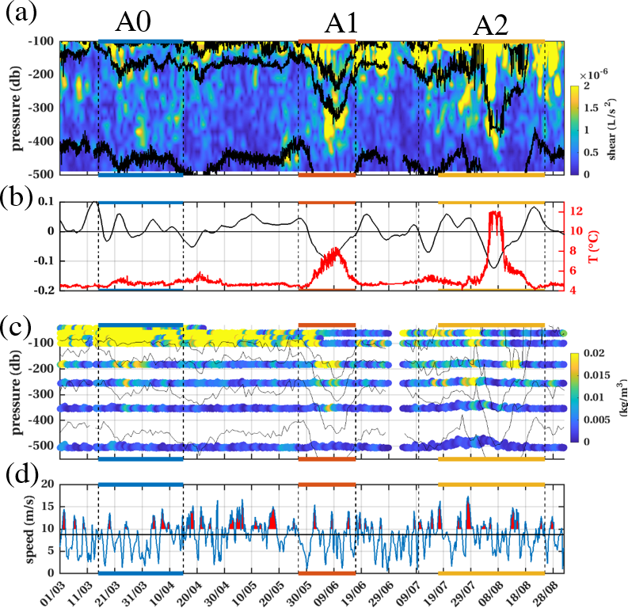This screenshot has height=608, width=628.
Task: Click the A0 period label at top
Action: click(139, 23)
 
